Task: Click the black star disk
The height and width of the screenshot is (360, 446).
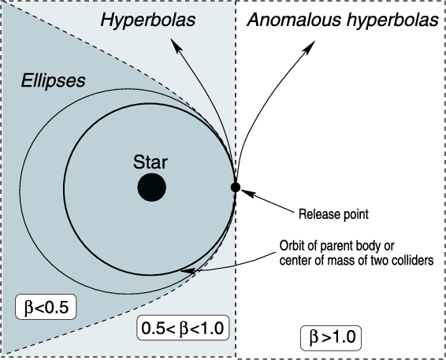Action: (151, 187)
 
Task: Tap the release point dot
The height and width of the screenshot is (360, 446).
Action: (236, 187)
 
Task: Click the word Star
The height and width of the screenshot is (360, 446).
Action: (151, 162)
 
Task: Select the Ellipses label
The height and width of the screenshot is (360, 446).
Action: (54, 81)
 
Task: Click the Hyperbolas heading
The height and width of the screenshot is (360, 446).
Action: (148, 20)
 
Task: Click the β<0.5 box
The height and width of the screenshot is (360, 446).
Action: (46, 306)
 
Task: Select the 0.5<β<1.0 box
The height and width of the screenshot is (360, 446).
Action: (183, 328)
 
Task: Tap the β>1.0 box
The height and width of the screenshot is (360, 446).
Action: (331, 338)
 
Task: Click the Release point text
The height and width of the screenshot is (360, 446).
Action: (333, 214)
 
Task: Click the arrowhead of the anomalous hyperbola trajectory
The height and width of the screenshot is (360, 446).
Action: (310, 46)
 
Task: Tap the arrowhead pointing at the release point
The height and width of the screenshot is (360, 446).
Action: (247, 193)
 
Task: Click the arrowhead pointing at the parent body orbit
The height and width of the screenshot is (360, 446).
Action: (188, 271)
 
